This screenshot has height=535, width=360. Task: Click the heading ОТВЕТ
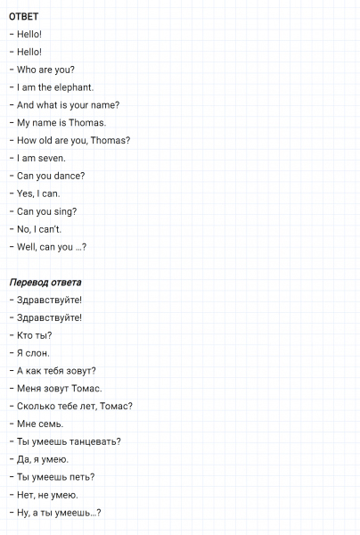coord(24,16)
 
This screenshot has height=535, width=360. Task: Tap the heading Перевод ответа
coord(45,282)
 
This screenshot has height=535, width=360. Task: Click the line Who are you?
coord(45,70)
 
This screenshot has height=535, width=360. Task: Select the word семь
coord(50,424)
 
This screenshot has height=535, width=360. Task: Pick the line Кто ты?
coord(35,335)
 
